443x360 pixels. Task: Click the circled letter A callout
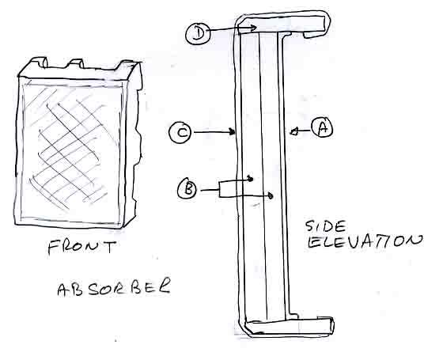(322, 128)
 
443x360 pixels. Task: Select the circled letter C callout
(180, 132)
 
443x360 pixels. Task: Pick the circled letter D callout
(198, 33)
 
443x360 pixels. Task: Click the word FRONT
(82, 247)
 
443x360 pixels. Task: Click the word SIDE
(325, 226)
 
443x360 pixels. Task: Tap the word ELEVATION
(365, 241)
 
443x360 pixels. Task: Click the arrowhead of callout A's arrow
(293, 131)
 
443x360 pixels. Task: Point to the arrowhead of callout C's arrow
(233, 131)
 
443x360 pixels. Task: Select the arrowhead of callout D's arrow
(253, 28)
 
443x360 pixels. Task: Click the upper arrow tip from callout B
(250, 179)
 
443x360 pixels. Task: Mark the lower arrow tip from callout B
(271, 195)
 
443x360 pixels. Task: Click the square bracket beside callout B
(220, 190)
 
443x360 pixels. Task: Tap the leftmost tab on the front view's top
(40, 63)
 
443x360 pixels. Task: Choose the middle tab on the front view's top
(75, 64)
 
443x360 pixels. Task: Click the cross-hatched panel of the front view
(72, 151)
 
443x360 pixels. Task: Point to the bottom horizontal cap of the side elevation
(289, 327)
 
